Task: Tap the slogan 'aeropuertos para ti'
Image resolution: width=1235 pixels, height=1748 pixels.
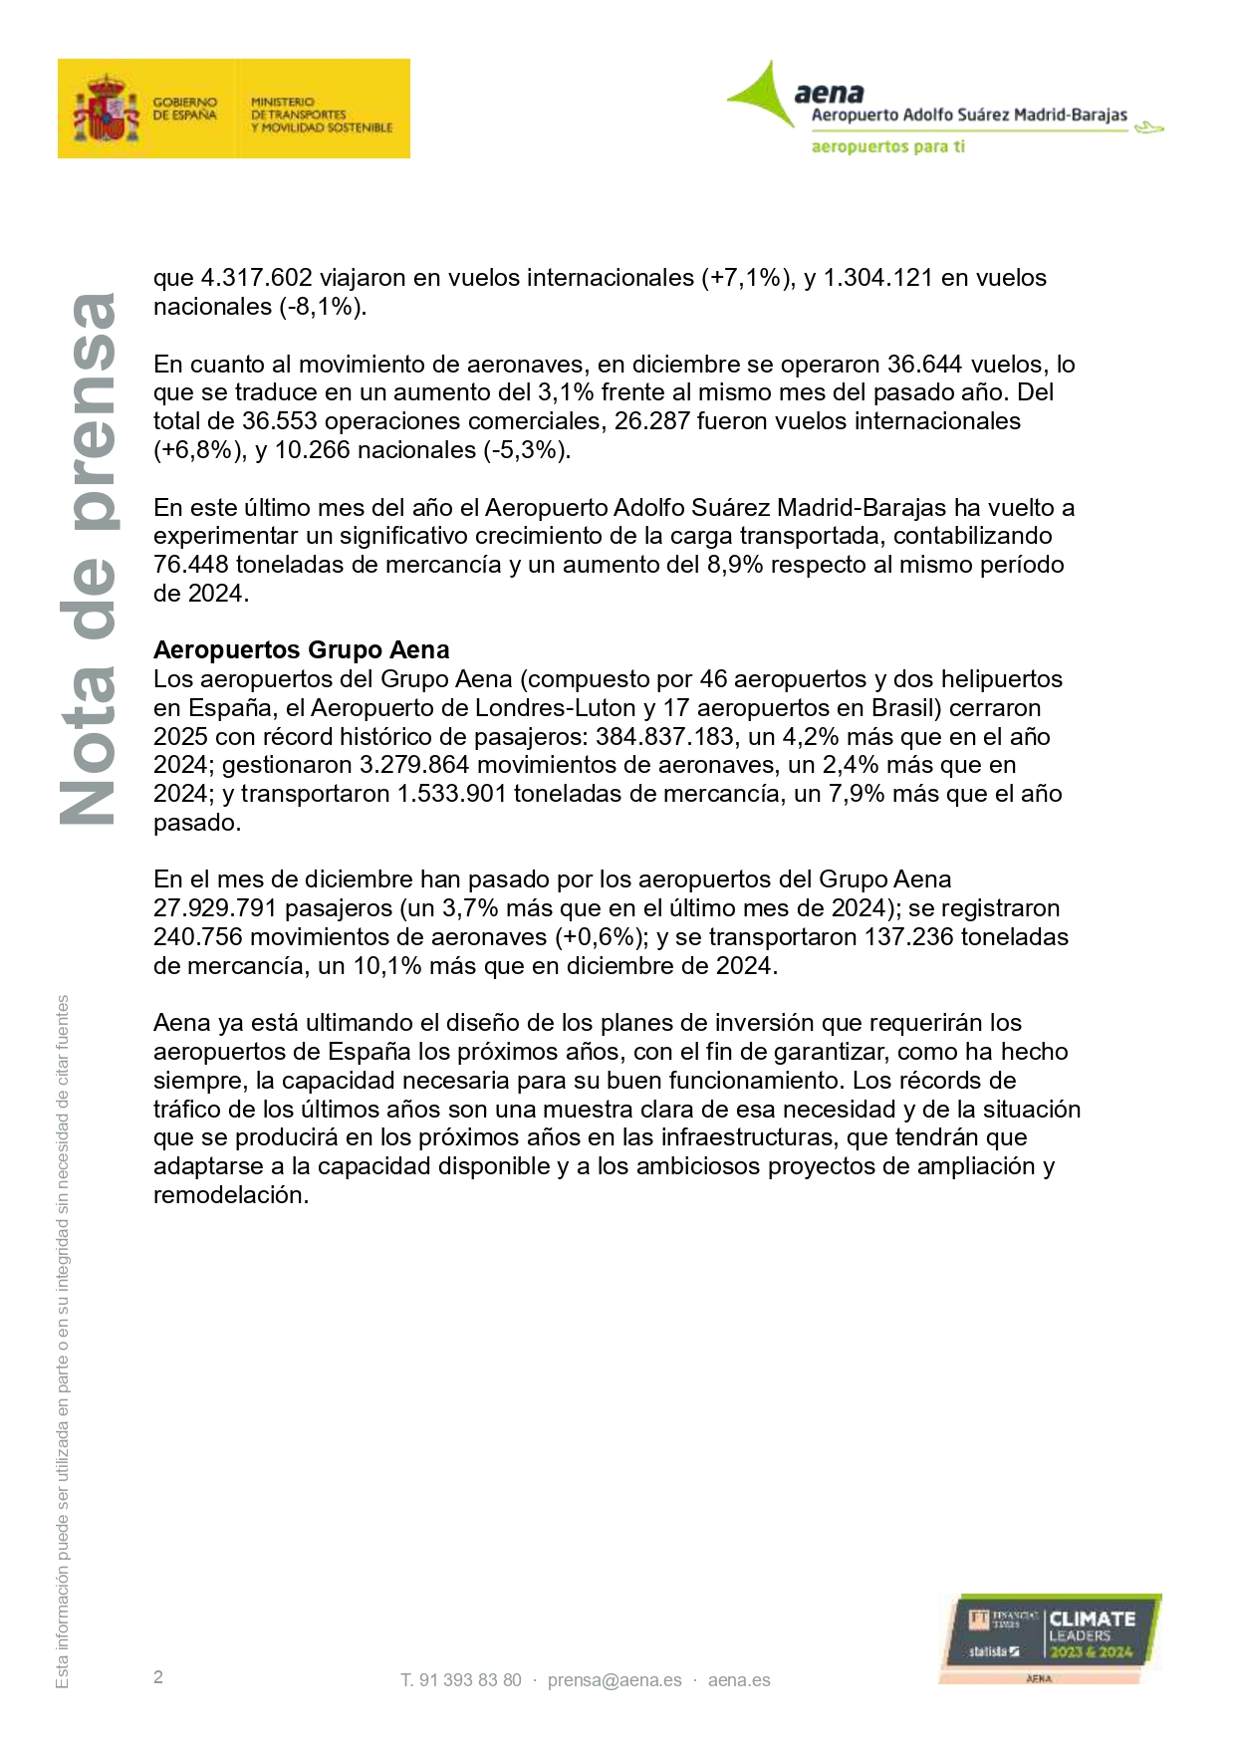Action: [x=887, y=146]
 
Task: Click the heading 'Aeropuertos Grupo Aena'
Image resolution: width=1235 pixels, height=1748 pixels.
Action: [x=301, y=650]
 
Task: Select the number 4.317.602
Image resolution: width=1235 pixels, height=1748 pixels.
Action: [x=257, y=278]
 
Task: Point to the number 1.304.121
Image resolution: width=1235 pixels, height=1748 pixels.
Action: [x=877, y=278]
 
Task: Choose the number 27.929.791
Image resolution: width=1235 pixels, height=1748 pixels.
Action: [x=215, y=908]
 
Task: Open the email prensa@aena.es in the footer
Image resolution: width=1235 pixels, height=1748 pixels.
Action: [x=615, y=1680]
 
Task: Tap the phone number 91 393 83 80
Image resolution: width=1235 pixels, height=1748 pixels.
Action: [x=470, y=1680]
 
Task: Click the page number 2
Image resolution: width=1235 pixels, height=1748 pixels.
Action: [x=158, y=1677]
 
